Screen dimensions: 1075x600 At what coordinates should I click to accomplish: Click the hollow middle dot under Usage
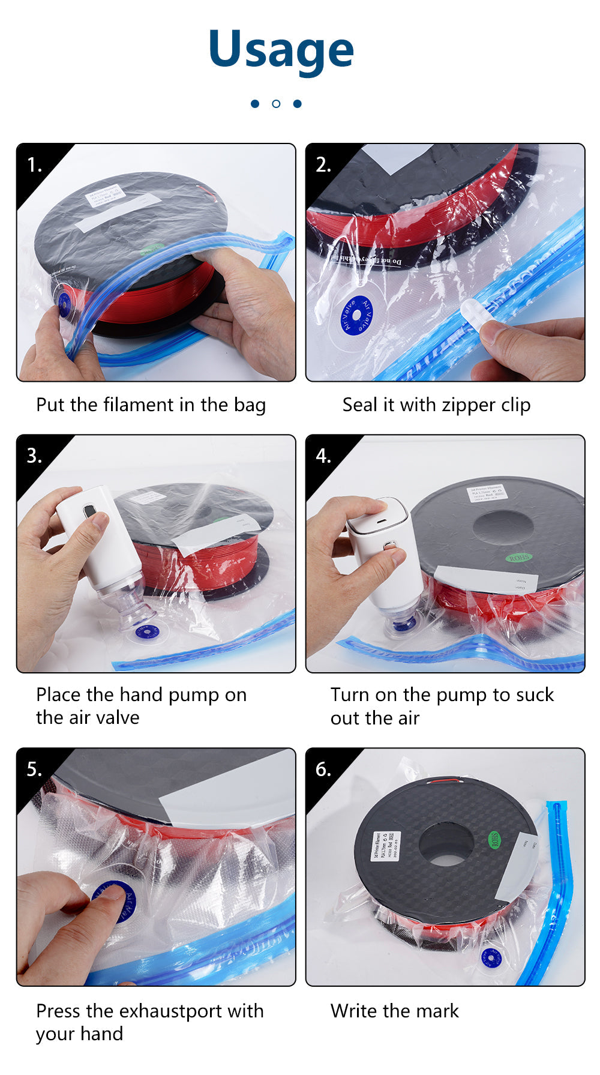coord(276,104)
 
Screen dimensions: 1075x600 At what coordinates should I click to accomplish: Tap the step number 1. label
coord(35,164)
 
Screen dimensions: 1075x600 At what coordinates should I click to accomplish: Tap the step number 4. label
coord(323,456)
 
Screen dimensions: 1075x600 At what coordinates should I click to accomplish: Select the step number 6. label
coord(323,769)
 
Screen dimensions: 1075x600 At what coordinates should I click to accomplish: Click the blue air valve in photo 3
coord(146,631)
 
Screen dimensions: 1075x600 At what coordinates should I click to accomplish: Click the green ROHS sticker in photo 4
coord(518,558)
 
